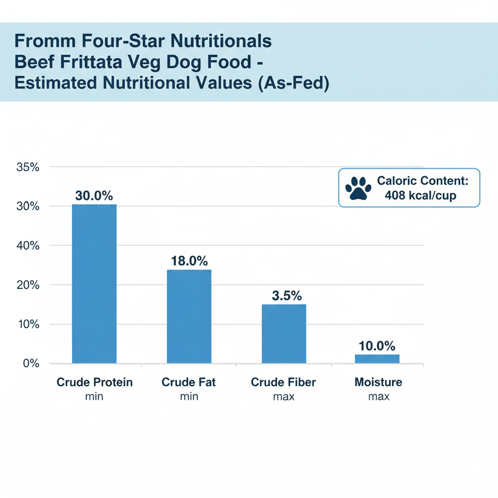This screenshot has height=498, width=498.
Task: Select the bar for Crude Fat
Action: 189,316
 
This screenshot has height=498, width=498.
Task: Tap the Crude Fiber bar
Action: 284,334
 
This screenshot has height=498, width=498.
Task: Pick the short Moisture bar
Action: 377,358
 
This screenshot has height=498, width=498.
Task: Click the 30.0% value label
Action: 94,196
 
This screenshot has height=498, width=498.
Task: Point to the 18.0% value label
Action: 189,261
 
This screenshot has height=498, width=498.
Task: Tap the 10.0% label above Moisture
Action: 377,346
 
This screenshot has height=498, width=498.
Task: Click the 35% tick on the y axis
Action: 28,167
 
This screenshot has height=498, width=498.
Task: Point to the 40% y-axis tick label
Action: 28,246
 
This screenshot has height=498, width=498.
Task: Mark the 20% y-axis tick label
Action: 28,285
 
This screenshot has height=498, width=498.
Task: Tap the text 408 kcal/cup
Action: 420,196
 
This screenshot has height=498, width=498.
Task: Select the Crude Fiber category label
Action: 284,382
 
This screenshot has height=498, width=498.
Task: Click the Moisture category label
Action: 378,382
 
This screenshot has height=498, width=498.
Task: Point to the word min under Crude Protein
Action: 94,397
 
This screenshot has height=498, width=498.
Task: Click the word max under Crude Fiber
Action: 284,397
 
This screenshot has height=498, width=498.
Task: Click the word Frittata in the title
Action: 121,62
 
